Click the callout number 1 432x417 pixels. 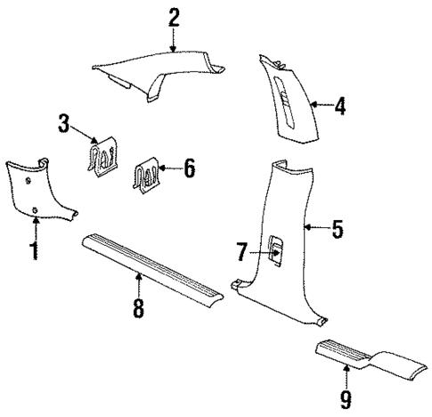[35, 249]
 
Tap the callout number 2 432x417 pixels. [174, 17]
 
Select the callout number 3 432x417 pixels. [64, 123]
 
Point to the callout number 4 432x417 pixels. [339, 107]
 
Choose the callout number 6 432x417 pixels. [189, 167]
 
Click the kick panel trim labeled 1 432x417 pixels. [40, 192]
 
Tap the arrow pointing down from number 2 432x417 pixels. [175, 40]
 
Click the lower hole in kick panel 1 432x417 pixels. [35, 211]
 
